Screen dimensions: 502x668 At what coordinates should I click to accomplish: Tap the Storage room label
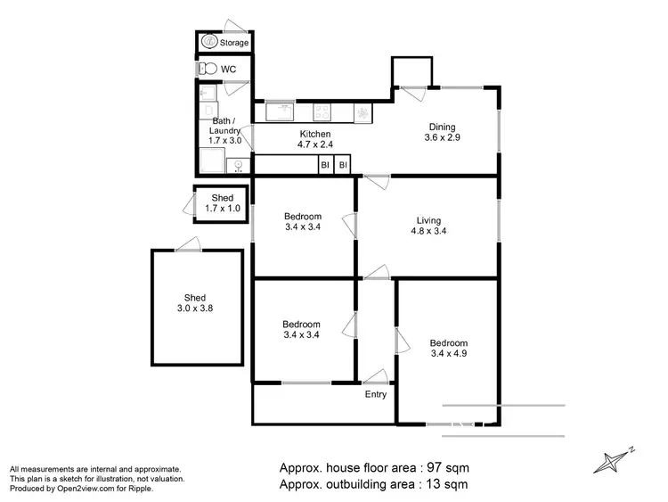tap(234, 42)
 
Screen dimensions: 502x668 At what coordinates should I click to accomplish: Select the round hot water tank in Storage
tap(209, 41)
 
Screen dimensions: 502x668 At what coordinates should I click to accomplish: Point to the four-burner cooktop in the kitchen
tap(322, 112)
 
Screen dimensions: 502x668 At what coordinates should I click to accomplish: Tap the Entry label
tap(376, 394)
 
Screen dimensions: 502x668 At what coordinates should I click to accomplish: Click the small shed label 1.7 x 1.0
tap(222, 208)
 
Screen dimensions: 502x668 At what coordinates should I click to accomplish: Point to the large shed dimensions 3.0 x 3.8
tap(195, 309)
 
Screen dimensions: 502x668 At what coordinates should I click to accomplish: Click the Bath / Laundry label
tap(225, 126)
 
